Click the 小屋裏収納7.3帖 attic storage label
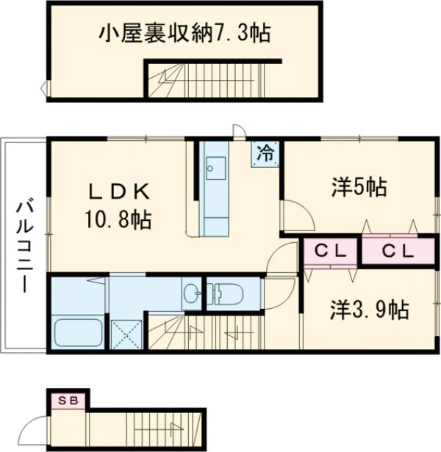(x=184, y=32)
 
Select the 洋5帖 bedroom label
(x=358, y=189)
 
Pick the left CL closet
(x=331, y=252)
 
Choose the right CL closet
(x=398, y=252)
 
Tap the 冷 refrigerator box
(x=266, y=153)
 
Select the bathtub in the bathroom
(x=75, y=334)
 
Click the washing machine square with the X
(x=126, y=335)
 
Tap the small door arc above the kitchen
(x=240, y=131)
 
